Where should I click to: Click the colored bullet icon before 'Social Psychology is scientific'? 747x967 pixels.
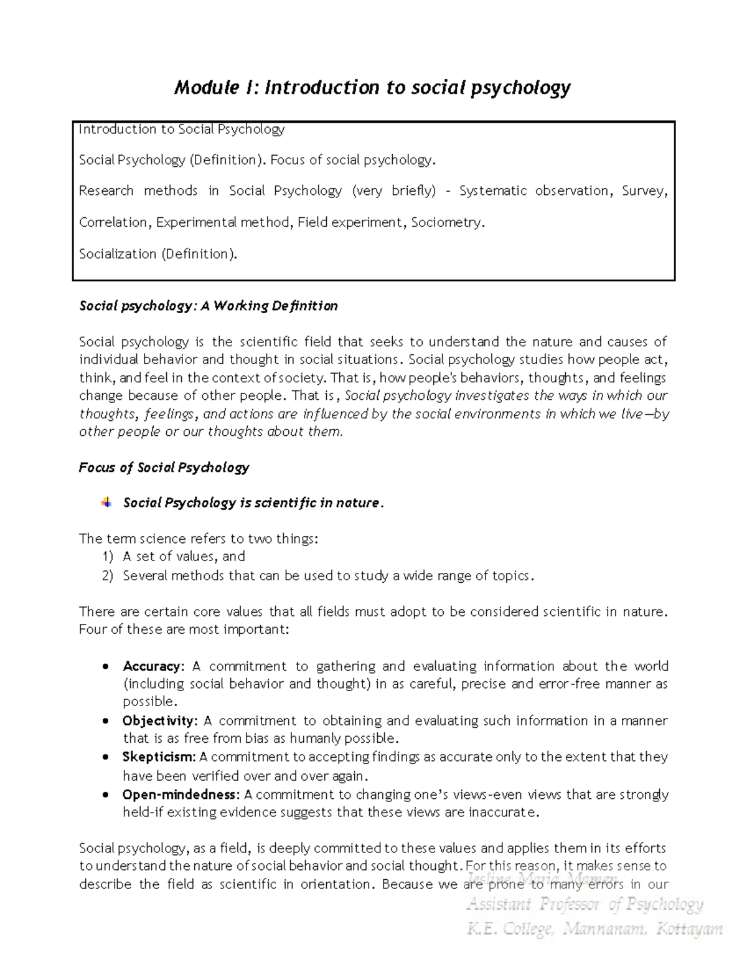coord(106,502)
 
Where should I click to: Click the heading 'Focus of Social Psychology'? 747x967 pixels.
coord(164,468)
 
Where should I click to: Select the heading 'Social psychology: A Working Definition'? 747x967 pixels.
coord(208,306)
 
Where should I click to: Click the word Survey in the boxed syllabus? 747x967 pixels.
coord(644,191)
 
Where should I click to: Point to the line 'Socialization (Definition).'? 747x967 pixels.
coord(158,254)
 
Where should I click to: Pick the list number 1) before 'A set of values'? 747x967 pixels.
coord(108,557)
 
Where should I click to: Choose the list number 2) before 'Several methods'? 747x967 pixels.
coord(108,576)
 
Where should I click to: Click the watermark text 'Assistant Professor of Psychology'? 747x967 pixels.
coord(585,904)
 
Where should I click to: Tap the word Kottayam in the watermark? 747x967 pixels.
coord(689,930)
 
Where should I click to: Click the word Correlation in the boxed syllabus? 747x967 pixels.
coord(115,222)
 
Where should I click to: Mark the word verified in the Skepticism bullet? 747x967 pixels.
coord(214,776)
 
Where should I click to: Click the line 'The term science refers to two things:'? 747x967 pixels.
coord(199,539)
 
